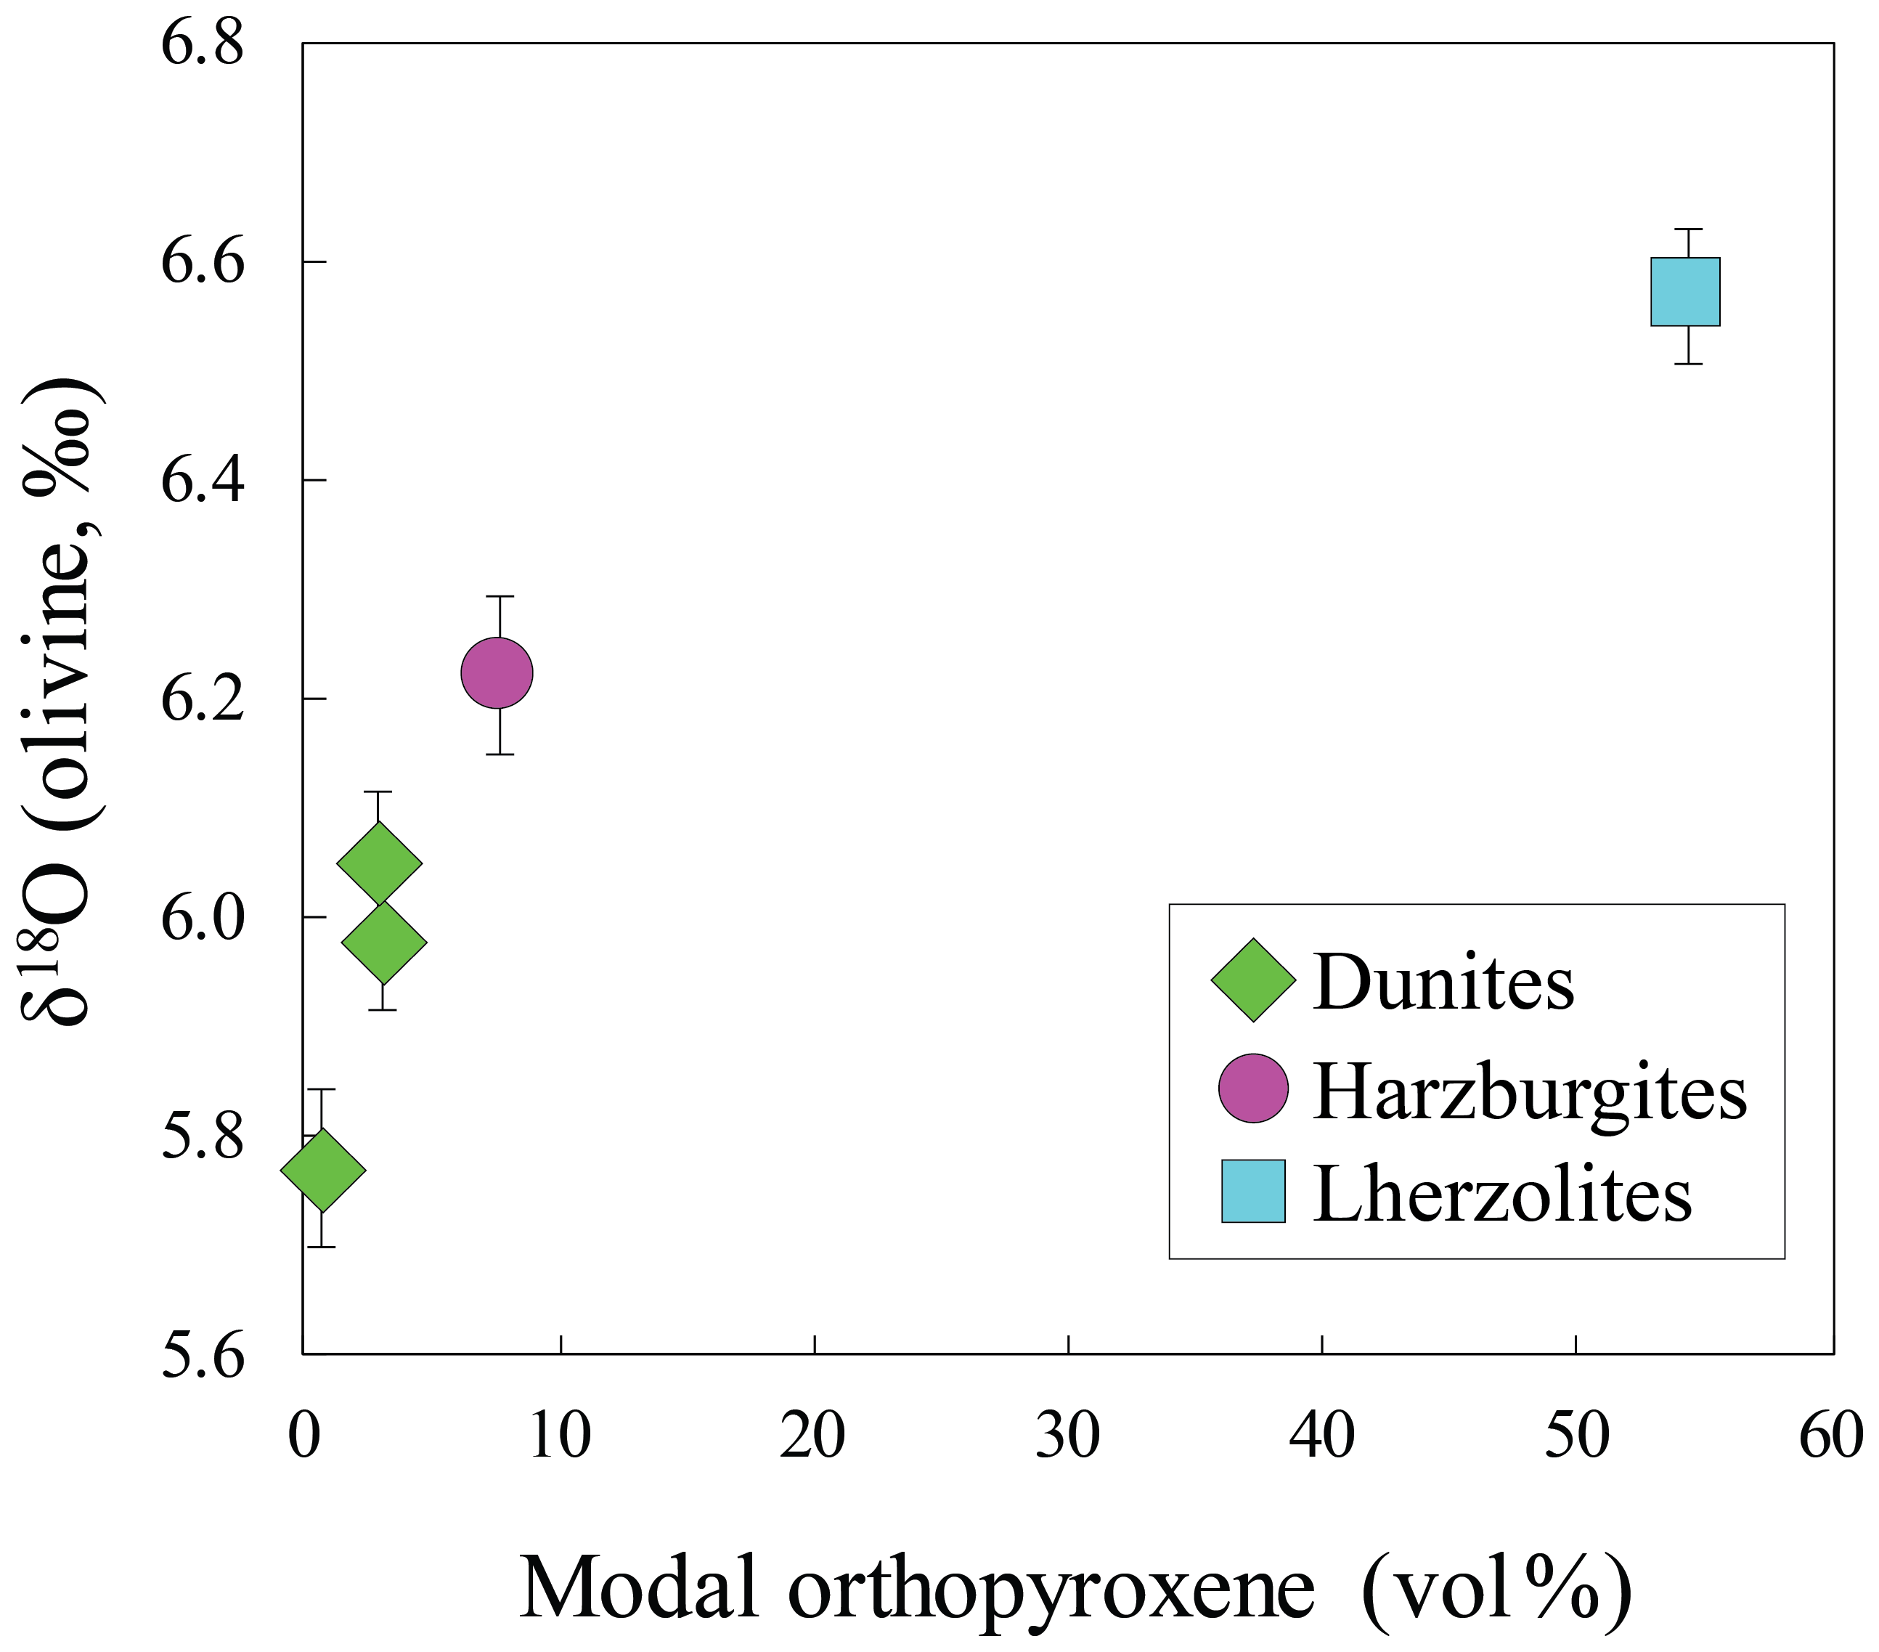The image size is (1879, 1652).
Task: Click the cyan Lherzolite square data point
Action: pos(1685,291)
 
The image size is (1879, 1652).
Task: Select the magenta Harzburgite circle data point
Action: pos(497,673)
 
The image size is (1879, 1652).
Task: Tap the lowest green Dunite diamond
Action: pos(322,1171)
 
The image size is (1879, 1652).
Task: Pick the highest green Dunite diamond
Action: pos(380,863)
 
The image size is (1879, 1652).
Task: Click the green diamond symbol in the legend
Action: pos(1253,980)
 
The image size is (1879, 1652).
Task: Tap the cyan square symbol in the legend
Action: pos(1253,1192)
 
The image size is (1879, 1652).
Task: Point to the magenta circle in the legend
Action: pos(1253,1089)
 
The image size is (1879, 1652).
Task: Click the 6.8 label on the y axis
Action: pos(203,44)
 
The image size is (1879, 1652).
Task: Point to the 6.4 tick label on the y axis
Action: pos(203,481)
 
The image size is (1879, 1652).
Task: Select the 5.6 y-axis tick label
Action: pos(203,1358)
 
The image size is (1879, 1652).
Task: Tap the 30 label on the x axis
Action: pos(1067,1436)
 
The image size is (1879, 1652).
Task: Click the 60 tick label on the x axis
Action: pos(1830,1436)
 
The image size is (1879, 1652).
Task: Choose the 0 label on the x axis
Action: pos(304,1436)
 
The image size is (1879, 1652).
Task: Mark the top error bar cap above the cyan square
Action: pos(1689,228)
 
